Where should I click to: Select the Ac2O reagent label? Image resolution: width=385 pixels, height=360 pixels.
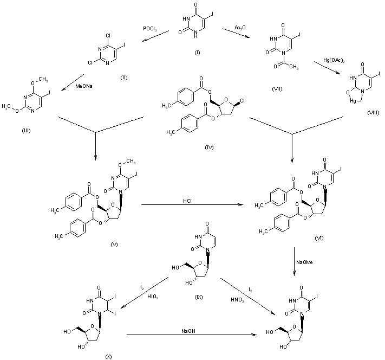[241, 28]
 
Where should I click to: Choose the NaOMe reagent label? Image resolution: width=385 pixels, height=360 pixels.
[303, 262]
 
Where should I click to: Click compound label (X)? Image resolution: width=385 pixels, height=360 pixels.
[108, 355]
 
